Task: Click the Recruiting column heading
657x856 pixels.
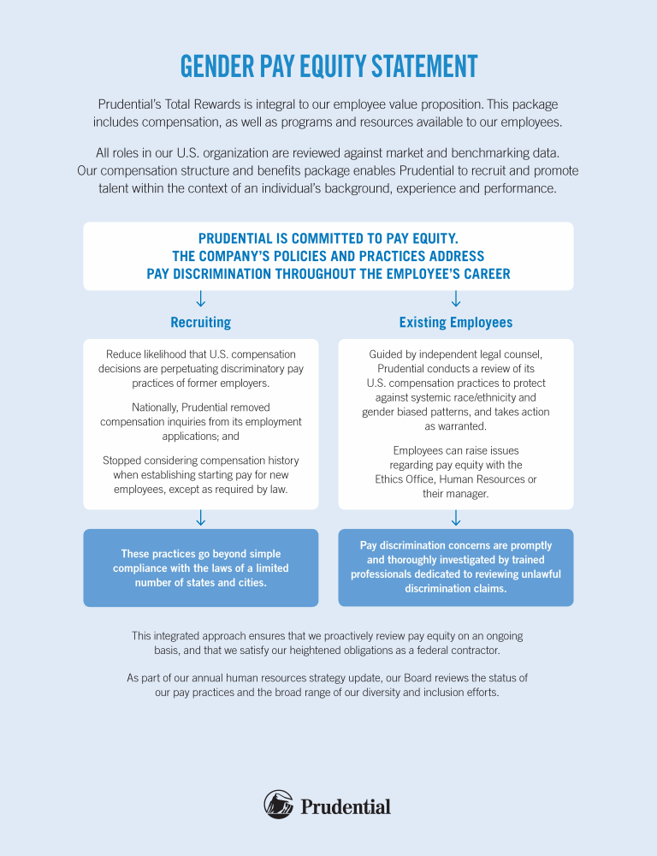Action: pos(200,323)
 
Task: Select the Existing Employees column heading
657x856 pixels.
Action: pos(456,323)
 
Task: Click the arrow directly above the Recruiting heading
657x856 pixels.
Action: pos(200,298)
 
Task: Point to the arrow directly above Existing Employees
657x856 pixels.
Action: pos(456,298)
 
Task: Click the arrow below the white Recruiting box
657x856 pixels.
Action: pos(200,518)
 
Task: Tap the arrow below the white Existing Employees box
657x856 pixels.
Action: pos(456,518)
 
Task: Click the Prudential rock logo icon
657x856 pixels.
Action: pos(279,805)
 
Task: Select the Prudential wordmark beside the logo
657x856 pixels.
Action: pos(346,806)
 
